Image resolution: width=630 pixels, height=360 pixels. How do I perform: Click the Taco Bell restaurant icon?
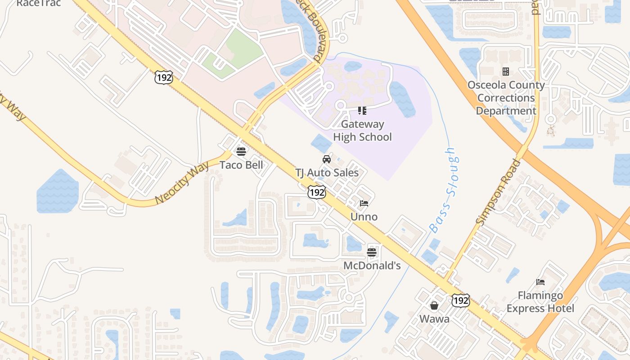[x=241, y=151]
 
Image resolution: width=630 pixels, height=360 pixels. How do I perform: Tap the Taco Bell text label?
[x=241, y=165]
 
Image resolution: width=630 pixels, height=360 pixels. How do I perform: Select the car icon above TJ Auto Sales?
[x=327, y=159]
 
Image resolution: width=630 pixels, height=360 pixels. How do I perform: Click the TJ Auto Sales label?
[x=327, y=173]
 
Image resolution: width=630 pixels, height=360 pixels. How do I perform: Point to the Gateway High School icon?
[x=362, y=110]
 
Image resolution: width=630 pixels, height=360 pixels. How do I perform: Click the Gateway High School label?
[x=362, y=130]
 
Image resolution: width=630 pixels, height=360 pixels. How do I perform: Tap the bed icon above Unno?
[x=364, y=203]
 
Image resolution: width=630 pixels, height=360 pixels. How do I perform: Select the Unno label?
[x=364, y=217]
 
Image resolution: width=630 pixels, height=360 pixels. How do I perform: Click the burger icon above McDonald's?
[x=372, y=252]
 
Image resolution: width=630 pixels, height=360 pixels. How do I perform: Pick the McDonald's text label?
[x=372, y=266]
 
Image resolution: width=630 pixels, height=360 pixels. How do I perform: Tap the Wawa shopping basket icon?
[x=434, y=306]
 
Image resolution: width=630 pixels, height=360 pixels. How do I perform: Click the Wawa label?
[x=434, y=319]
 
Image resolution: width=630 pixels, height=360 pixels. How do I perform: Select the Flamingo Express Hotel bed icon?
[x=540, y=282]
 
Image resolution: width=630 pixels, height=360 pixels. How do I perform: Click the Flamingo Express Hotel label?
[x=540, y=302]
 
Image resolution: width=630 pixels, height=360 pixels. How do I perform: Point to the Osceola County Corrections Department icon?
[x=506, y=72]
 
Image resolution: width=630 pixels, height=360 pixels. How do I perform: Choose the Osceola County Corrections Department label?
[x=506, y=98]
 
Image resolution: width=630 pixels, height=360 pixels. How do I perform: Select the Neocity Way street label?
[x=182, y=183]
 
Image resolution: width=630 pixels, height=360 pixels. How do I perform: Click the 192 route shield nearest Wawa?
[x=461, y=300]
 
